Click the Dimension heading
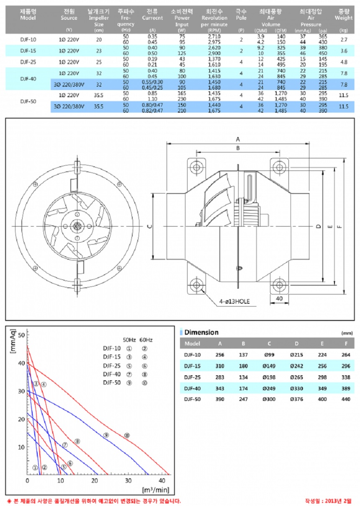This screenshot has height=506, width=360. [x=201, y=332]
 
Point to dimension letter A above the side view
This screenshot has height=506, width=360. [x=237, y=139]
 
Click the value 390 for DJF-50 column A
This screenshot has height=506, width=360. [x=220, y=399]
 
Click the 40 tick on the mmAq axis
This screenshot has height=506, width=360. [x=21, y=363]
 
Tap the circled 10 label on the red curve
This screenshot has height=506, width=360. [x=127, y=436]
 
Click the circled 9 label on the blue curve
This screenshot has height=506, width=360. [x=106, y=436]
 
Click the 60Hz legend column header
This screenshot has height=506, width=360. [x=146, y=339]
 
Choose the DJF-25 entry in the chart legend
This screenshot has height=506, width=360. [x=112, y=365]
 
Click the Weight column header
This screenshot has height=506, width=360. [x=344, y=18]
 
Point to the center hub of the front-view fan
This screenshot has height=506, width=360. [x=77, y=226]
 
